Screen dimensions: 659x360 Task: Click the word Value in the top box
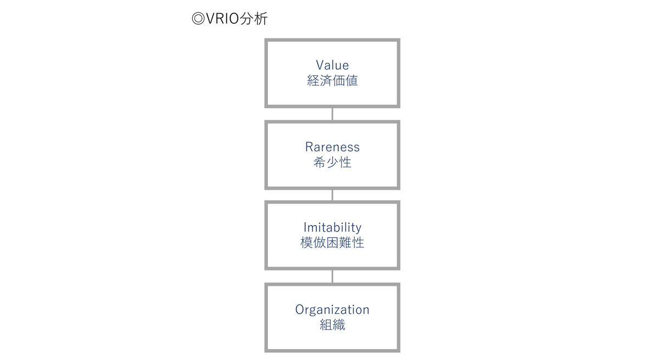[332, 65]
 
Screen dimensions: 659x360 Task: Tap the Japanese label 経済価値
[332, 81]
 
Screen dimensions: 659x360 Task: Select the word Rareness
[332, 147]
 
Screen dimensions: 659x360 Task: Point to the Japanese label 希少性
[332, 162]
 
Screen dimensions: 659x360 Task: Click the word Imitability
[332, 228]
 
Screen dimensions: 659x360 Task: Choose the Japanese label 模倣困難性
[332, 243]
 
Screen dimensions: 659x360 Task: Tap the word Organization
[332, 310]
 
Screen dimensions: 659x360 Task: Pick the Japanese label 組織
[332, 325]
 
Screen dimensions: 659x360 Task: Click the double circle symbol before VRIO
[198, 19]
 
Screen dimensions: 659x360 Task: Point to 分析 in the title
[254, 19]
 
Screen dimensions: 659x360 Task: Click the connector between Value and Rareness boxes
[332, 114]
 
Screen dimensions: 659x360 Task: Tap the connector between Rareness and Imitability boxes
[332, 195]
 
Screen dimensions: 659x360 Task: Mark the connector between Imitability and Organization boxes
[332, 277]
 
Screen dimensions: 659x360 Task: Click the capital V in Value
[320, 65]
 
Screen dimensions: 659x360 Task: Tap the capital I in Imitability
[305, 227]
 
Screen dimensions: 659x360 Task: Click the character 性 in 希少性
[345, 162]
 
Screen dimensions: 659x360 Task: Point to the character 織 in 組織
[339, 325]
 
